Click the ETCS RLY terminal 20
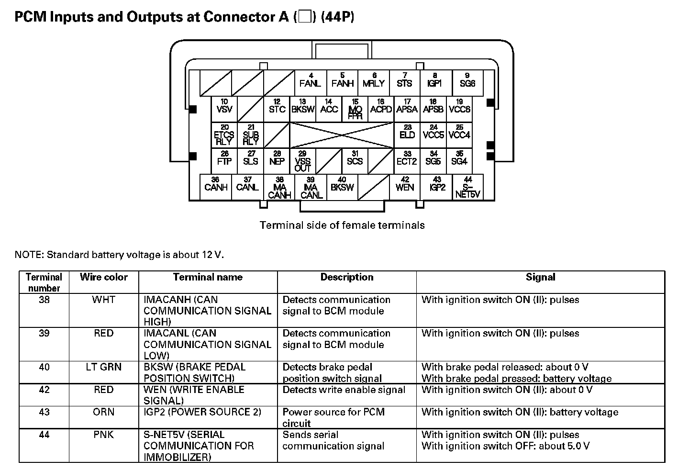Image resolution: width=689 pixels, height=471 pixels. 224,135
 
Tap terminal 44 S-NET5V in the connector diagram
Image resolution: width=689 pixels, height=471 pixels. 467,188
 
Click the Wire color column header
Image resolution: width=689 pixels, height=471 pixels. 104,277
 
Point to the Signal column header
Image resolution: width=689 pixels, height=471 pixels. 540,277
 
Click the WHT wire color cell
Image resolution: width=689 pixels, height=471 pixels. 104,300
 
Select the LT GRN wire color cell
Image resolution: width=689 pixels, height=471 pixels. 104,367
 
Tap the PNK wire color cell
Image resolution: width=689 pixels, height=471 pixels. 104,435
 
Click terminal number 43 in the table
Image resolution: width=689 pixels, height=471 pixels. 44,412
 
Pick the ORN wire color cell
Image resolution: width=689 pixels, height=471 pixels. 104,412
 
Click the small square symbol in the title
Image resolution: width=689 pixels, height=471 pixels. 304,17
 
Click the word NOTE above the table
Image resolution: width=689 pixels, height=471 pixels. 28,255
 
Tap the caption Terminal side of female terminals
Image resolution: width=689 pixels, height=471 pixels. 342,225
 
